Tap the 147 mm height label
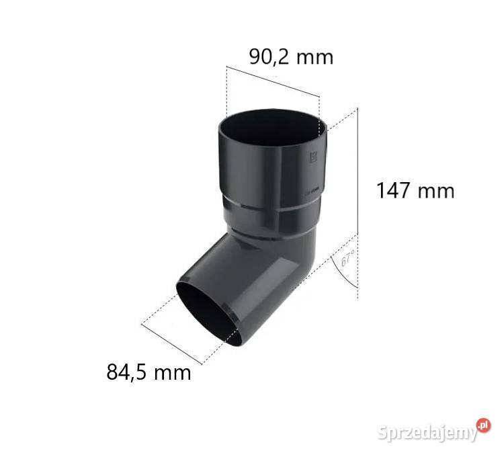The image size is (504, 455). tap(415, 190)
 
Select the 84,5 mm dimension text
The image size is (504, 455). tap(149, 372)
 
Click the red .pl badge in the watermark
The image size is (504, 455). tap(483, 425)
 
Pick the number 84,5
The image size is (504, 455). tap(128, 372)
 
